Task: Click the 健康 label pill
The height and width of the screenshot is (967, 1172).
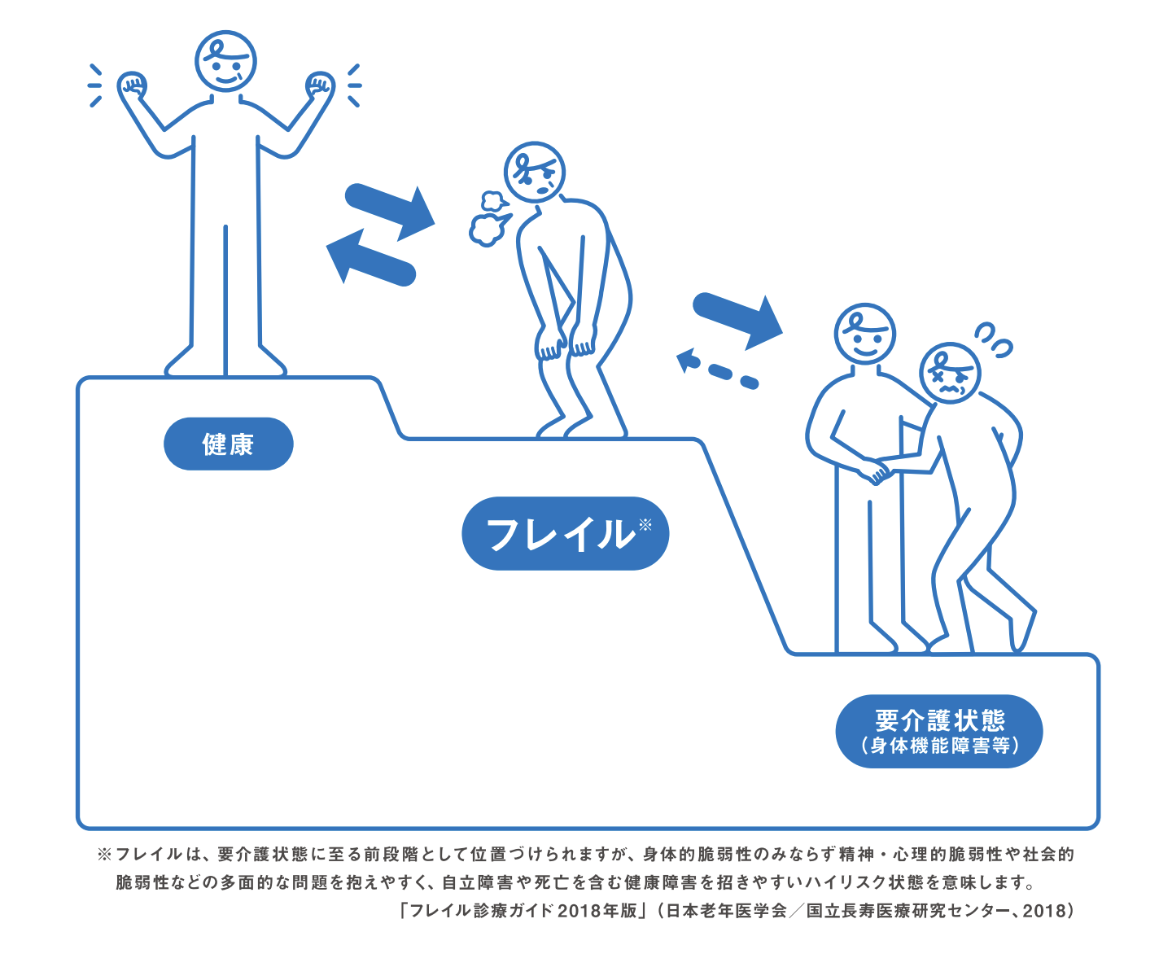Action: tap(228, 444)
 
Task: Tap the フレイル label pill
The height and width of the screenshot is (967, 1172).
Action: tap(565, 533)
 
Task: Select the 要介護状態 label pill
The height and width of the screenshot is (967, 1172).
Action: tap(939, 731)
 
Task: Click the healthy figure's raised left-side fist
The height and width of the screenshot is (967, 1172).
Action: tap(133, 86)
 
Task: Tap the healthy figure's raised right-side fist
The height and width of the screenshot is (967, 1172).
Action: tap(320, 86)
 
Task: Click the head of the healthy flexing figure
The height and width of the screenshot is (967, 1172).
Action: tap(225, 61)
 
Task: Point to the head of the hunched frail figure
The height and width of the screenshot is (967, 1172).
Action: tap(535, 173)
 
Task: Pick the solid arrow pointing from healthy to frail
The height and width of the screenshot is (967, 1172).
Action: tap(390, 211)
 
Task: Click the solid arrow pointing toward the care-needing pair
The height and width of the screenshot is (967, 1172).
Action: tap(737, 320)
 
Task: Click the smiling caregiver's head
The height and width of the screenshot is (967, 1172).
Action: tap(865, 334)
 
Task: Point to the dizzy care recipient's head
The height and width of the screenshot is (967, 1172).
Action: tap(951, 373)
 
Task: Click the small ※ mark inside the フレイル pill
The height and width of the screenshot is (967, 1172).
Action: tap(645, 524)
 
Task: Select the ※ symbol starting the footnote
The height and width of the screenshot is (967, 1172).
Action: tap(104, 854)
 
